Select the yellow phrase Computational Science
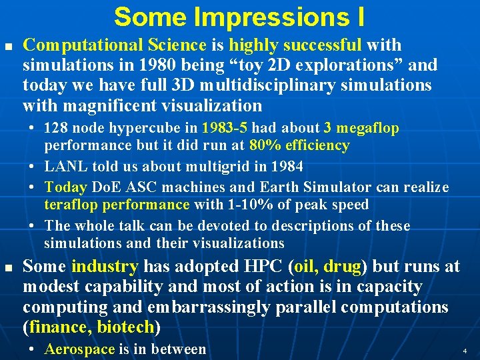(115, 45)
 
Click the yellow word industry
(105, 267)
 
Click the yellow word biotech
(125, 327)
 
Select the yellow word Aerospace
(79, 349)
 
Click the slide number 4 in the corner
(464, 349)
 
